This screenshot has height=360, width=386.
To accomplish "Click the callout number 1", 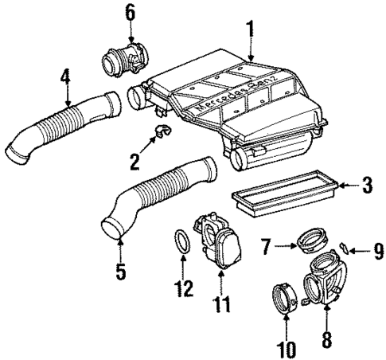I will (251, 29).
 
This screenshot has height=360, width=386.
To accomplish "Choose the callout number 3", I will (366, 187).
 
